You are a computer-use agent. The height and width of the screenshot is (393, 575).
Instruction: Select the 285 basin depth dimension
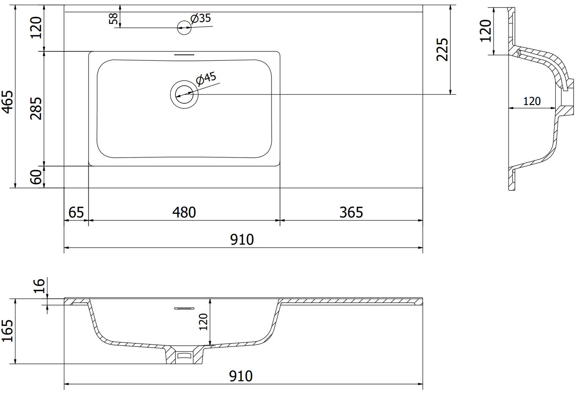(36, 108)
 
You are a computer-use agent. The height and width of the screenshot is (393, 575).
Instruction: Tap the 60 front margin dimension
(36, 177)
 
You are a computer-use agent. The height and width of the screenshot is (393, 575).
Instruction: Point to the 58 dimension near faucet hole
(113, 18)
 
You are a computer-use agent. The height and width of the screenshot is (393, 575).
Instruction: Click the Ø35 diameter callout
(201, 18)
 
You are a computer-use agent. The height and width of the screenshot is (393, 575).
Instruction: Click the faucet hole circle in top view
(184, 27)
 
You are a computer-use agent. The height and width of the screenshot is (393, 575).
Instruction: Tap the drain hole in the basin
(184, 94)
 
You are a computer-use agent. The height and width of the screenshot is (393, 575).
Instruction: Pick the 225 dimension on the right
(442, 50)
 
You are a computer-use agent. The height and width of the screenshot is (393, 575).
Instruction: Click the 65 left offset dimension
(76, 212)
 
